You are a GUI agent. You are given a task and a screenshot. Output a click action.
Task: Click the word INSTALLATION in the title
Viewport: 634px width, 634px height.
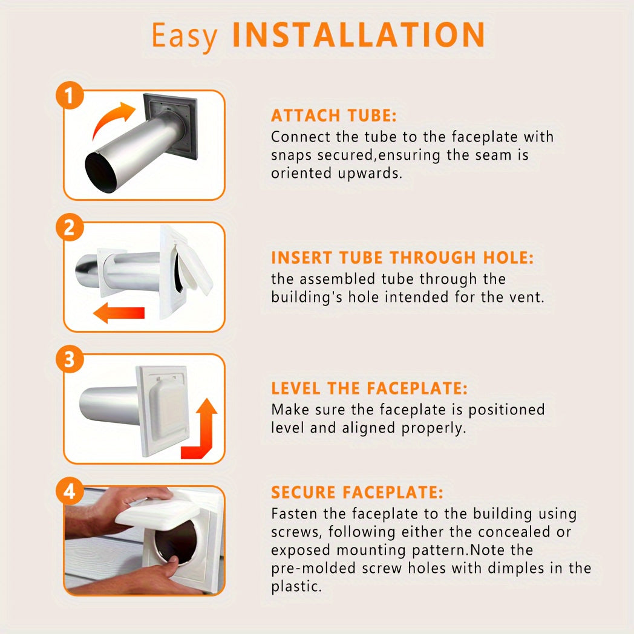coord(359,34)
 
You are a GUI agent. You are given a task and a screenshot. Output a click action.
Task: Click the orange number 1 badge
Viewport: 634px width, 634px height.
coord(70,96)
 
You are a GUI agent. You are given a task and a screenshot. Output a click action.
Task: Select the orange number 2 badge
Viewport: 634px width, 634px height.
coord(70,227)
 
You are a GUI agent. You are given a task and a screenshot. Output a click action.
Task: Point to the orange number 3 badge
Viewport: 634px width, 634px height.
coord(70,359)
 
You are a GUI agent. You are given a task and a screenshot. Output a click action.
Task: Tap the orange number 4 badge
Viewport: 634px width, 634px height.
coord(70,491)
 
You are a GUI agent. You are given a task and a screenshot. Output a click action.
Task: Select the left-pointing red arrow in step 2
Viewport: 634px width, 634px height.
coord(119,313)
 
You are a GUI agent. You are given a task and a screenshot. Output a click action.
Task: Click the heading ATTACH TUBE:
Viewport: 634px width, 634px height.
coord(333,116)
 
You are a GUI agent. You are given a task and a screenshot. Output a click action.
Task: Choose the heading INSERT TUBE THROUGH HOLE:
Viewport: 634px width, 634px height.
coord(402,258)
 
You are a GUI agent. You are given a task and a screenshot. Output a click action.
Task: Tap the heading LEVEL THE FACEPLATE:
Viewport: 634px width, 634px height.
coord(369,388)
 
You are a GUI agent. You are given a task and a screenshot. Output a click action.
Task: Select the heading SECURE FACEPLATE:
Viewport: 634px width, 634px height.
coord(357,492)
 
